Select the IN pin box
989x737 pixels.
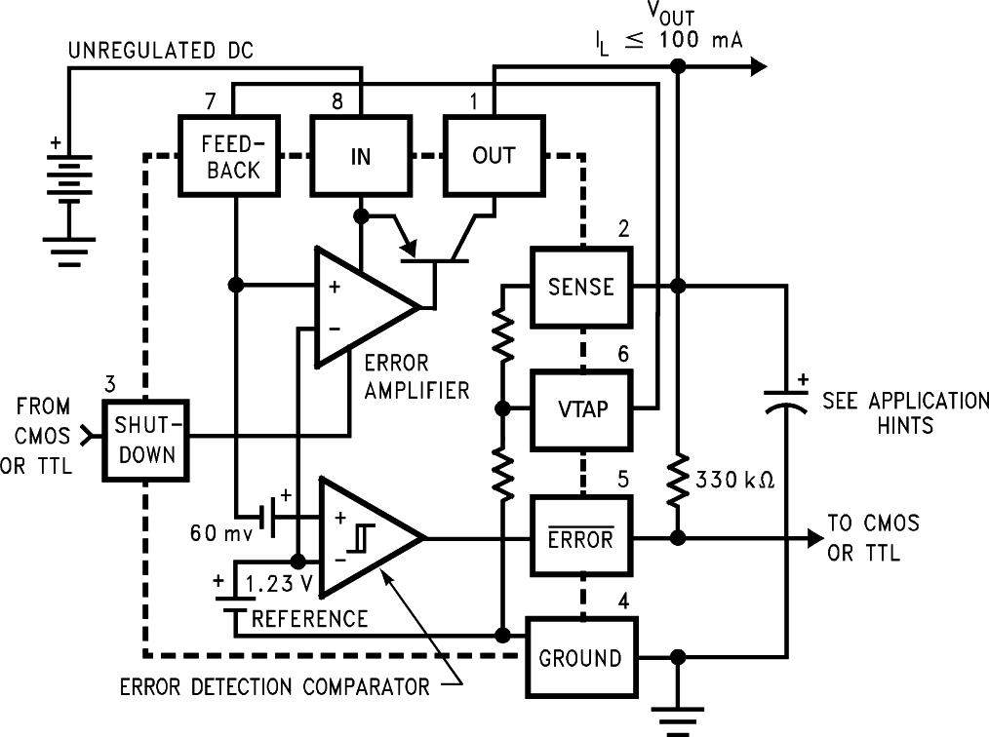click(x=360, y=155)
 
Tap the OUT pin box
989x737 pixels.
click(x=493, y=155)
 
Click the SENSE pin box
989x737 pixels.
click(x=580, y=287)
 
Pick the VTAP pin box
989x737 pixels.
click(x=580, y=408)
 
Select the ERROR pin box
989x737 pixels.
click(x=580, y=538)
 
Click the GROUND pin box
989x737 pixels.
click(x=580, y=658)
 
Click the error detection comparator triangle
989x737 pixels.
click(x=366, y=538)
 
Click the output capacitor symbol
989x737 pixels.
click(x=786, y=402)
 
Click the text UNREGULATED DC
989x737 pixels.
click(x=160, y=49)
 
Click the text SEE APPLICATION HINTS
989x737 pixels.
click(x=905, y=412)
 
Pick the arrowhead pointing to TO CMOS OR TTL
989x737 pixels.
click(x=811, y=538)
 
